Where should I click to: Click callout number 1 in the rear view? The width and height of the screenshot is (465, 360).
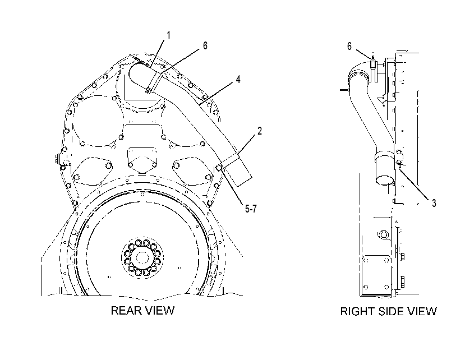click(x=169, y=35)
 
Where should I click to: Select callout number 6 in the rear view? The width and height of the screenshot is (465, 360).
click(x=205, y=45)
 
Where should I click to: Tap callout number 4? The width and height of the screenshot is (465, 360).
click(x=238, y=79)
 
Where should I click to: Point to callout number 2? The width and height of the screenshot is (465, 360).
click(x=260, y=131)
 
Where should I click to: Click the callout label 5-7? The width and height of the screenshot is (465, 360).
click(x=251, y=209)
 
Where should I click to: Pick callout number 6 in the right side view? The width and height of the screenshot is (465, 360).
click(x=349, y=46)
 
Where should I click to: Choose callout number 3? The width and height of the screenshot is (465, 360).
click(x=434, y=203)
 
